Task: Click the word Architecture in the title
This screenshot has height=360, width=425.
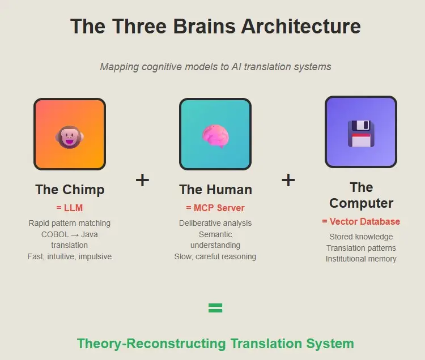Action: click(x=301, y=26)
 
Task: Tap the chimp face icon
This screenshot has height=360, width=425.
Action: click(x=69, y=137)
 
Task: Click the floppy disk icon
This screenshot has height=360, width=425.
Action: click(x=361, y=134)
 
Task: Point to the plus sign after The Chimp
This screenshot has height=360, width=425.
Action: click(x=142, y=180)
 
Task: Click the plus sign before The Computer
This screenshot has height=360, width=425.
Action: click(x=288, y=180)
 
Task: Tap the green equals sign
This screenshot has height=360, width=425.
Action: click(x=215, y=308)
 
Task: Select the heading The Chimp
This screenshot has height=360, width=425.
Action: click(x=70, y=190)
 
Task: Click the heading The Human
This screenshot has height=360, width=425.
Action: click(x=215, y=190)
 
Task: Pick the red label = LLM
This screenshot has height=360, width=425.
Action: click(x=69, y=208)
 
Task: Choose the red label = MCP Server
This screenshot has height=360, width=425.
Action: click(x=215, y=208)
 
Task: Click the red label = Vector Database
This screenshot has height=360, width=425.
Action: click(x=361, y=221)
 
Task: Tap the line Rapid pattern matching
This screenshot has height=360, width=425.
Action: click(x=69, y=223)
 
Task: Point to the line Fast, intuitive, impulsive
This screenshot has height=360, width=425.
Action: click(x=69, y=256)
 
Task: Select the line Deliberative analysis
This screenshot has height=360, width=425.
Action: click(x=215, y=223)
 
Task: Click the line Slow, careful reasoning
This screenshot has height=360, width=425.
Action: click(x=215, y=256)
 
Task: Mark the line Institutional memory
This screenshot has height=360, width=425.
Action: click(x=361, y=259)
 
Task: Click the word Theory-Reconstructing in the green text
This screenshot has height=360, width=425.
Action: click(x=151, y=344)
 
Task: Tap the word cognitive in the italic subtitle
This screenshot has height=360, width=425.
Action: click(x=161, y=67)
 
